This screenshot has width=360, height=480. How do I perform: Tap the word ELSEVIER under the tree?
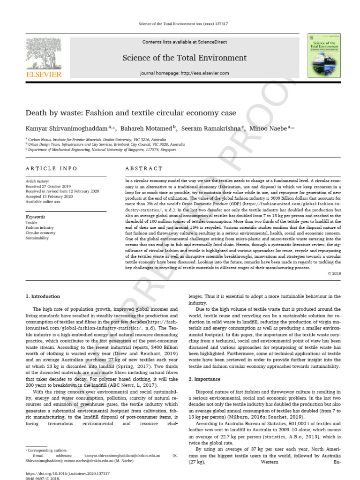[x=43, y=75]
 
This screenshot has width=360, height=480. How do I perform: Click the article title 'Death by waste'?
[x=131, y=113]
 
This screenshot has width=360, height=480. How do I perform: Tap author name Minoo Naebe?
[x=270, y=128]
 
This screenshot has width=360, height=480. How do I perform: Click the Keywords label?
[x=35, y=217]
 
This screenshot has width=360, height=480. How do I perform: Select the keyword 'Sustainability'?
[x=37, y=238]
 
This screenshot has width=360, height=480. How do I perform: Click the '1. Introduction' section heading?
[x=43, y=296]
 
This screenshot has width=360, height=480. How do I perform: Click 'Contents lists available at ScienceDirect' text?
[x=184, y=42]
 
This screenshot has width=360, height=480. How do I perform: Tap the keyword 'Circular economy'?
[x=40, y=233]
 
